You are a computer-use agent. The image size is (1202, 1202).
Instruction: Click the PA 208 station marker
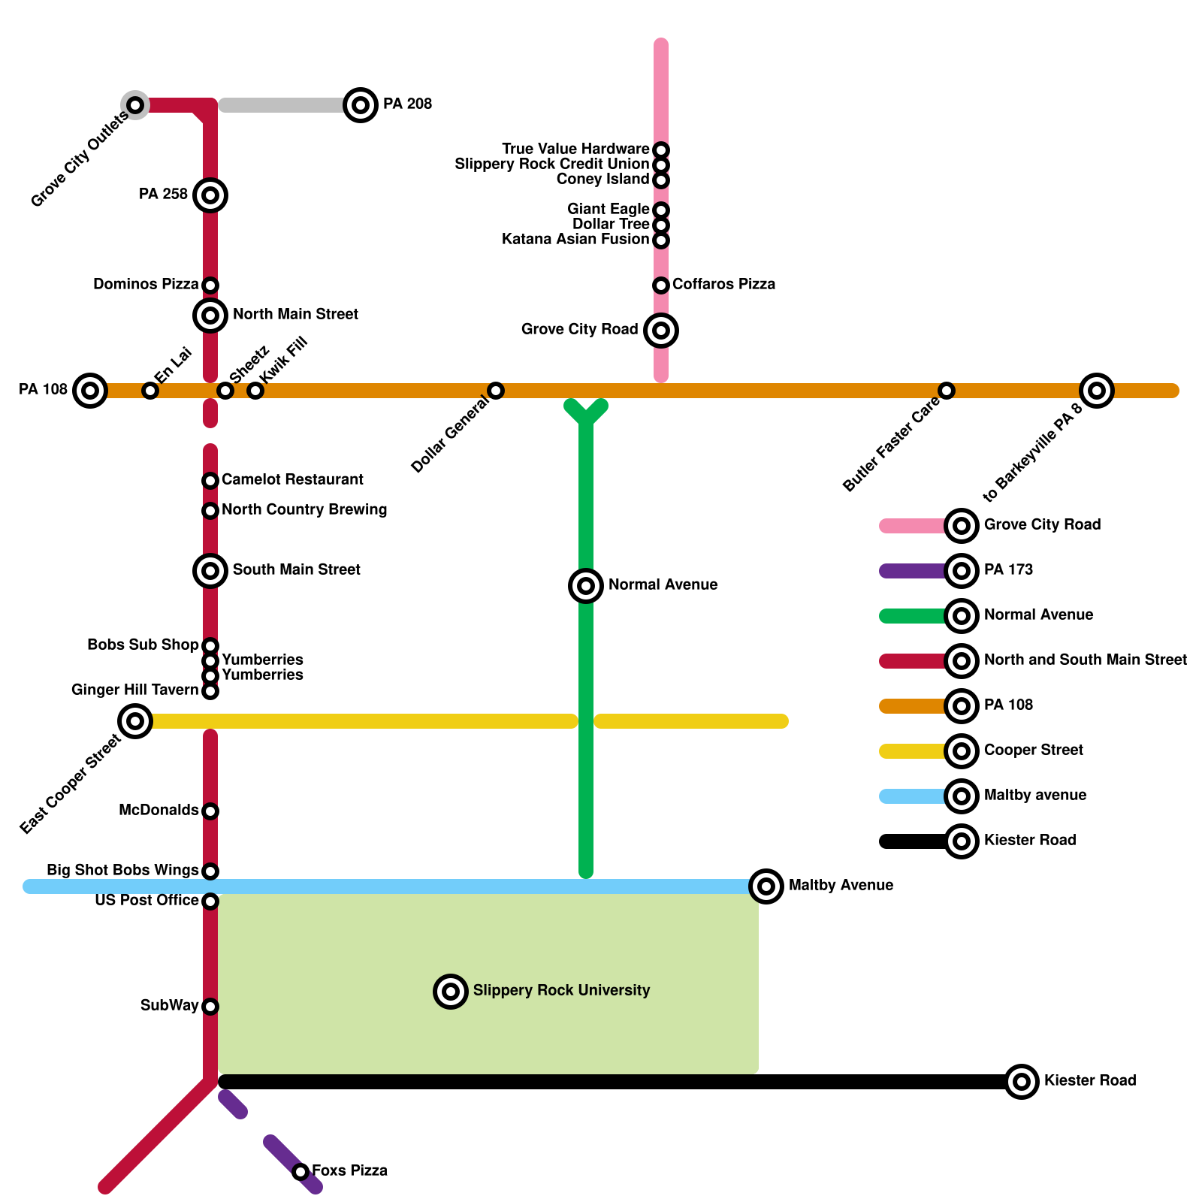pyautogui.click(x=361, y=105)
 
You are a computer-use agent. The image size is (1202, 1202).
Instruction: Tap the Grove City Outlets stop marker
pyautogui.click(x=135, y=105)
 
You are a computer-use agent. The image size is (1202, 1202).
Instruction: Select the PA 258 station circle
pyautogui.click(x=210, y=195)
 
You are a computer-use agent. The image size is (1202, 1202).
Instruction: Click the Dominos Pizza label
pyautogui.click(x=146, y=285)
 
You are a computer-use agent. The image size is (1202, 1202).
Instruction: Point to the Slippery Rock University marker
pyautogui.click(x=451, y=992)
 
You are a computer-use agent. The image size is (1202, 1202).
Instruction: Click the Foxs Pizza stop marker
pyautogui.click(x=300, y=1172)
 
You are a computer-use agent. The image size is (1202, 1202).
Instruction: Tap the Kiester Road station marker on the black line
pyautogui.click(x=1022, y=1082)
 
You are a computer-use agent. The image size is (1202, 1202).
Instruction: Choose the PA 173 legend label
pyautogui.click(x=1008, y=570)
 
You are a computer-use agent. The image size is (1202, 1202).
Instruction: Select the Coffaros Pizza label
pyautogui.click(x=723, y=285)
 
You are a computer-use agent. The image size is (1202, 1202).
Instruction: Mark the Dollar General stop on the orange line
pyautogui.click(x=496, y=391)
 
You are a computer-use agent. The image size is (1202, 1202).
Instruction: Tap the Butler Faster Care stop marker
pyautogui.click(x=947, y=391)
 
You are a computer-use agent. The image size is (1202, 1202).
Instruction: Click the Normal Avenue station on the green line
pyautogui.click(x=586, y=586)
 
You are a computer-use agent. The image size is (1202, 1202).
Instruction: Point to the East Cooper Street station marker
pyautogui.click(x=135, y=721)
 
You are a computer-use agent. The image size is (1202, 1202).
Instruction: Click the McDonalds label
pyautogui.click(x=159, y=811)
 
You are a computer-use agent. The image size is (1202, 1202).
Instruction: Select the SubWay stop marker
pyautogui.click(x=210, y=1007)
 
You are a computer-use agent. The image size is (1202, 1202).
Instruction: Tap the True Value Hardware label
pyautogui.click(x=575, y=149)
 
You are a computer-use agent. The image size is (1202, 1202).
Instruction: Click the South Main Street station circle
pyautogui.click(x=210, y=571)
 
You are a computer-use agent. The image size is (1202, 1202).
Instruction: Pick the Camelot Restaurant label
pyautogui.click(x=292, y=480)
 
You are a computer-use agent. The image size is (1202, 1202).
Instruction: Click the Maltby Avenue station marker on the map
pyautogui.click(x=766, y=886)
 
